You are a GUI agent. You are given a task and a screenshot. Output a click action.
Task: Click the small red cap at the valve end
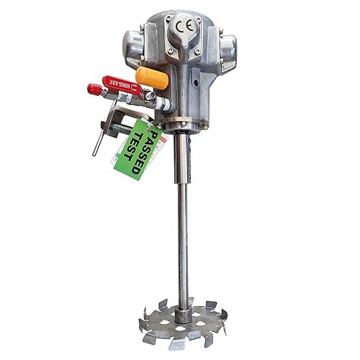(x=94, y=89)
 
